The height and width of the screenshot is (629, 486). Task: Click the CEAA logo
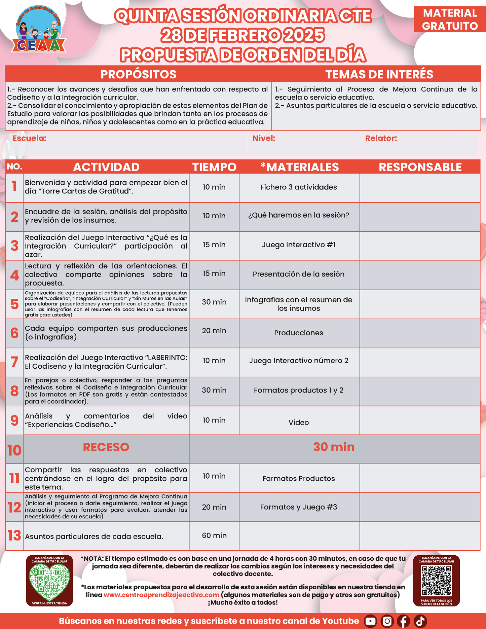pyautogui.click(x=39, y=31)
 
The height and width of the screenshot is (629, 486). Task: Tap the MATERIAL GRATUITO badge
pyautogui.click(x=450, y=20)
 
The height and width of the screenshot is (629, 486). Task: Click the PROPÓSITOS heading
pyautogui.click(x=138, y=74)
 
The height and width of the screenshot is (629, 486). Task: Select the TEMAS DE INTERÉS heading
pyautogui.click(x=379, y=74)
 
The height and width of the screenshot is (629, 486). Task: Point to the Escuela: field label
pyautogui.click(x=29, y=138)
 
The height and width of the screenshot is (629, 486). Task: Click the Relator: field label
pyautogui.click(x=381, y=138)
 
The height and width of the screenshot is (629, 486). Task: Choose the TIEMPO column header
pyautogui.click(x=214, y=167)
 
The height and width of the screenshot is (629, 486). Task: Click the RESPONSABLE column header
pyautogui.click(x=420, y=167)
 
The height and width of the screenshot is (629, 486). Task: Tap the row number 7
pyautogui.click(x=14, y=362)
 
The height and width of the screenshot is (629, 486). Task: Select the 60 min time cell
pyautogui.click(x=214, y=535)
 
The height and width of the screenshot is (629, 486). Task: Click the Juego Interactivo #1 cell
pyautogui.click(x=299, y=245)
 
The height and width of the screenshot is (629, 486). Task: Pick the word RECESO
pyautogui.click(x=106, y=447)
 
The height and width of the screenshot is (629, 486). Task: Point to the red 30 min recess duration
pyautogui.click(x=334, y=447)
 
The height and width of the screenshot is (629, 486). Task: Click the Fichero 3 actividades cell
pyautogui.click(x=299, y=187)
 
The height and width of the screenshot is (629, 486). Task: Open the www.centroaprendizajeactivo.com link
pyautogui.click(x=161, y=595)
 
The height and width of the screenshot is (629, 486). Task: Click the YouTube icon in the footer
pyautogui.click(x=370, y=621)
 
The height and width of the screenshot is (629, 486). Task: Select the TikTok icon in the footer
pyautogui.click(x=420, y=621)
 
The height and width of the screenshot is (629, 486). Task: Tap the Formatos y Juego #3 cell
pyautogui.click(x=299, y=507)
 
